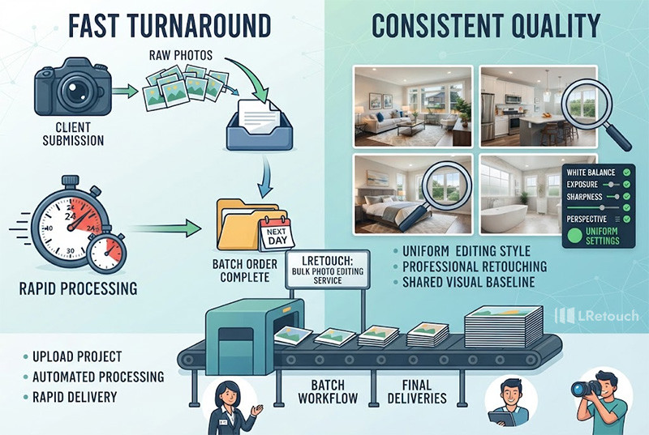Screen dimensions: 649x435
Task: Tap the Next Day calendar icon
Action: (277, 233)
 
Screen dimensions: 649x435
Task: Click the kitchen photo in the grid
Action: (538, 106)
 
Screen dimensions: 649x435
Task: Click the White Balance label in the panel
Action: (591, 173)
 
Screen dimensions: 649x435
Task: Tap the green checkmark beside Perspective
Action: (626, 219)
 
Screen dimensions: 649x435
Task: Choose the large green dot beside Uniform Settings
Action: (574, 236)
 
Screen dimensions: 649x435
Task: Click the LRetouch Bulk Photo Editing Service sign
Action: (328, 270)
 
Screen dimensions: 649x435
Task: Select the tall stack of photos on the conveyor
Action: (503, 326)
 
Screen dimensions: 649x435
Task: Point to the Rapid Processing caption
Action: (78, 288)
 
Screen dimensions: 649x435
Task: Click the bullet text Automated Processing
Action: (98, 377)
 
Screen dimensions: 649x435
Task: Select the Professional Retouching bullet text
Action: (475, 267)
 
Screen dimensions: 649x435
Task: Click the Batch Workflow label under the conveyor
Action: (328, 391)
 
